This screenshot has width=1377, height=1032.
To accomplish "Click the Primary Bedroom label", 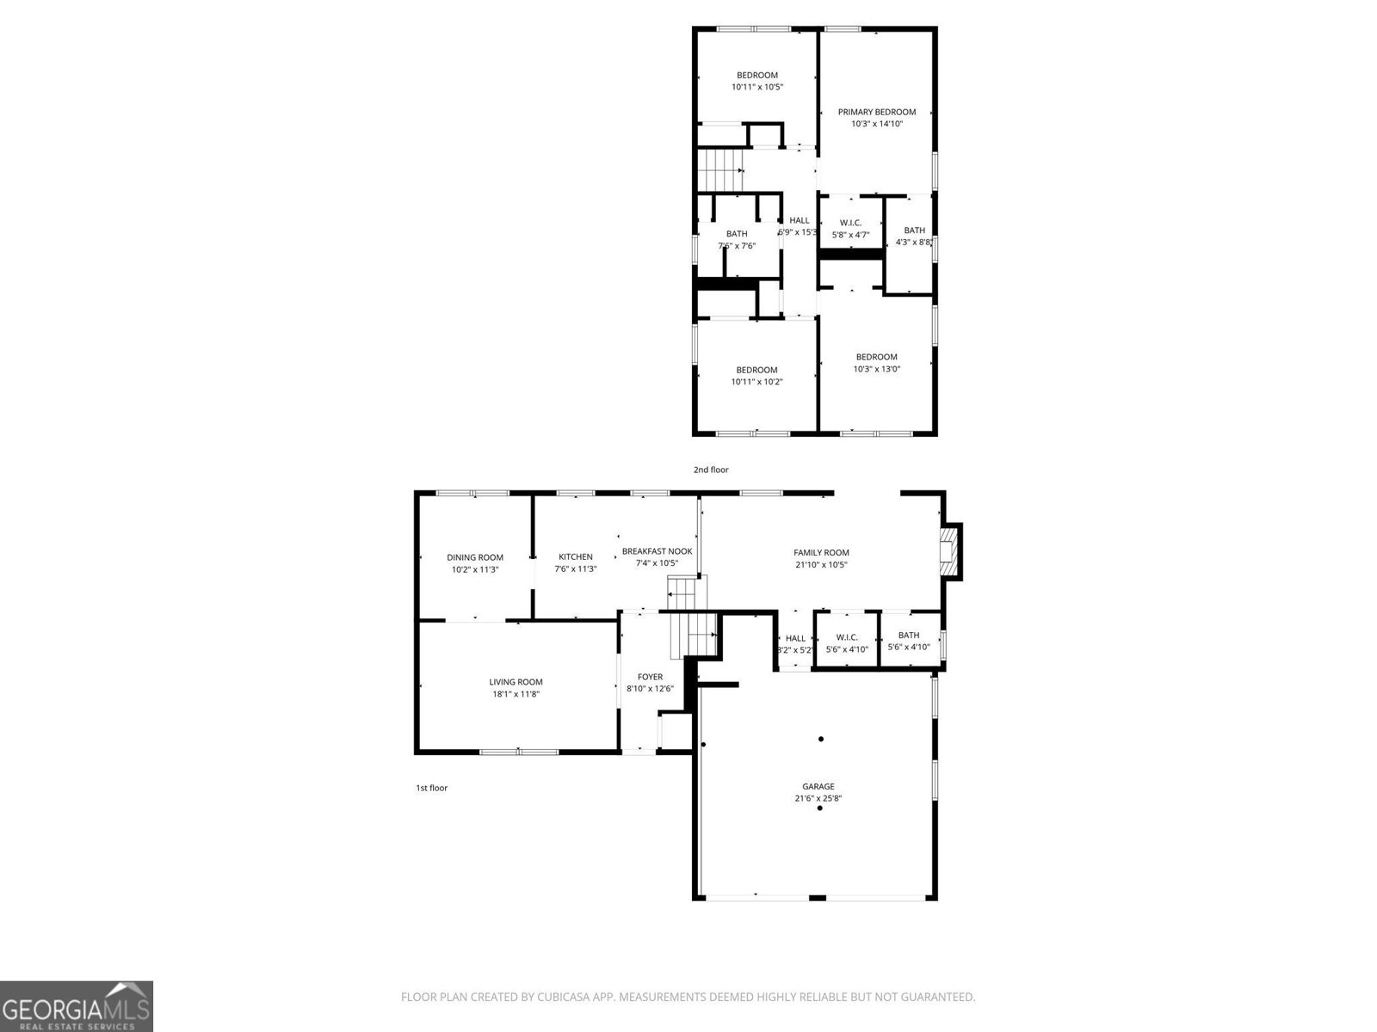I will [876, 112].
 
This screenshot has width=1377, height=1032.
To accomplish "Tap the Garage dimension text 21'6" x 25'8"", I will [818, 798].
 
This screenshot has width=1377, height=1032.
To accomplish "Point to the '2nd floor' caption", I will [711, 470].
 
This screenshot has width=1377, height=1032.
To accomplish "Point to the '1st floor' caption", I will [431, 788].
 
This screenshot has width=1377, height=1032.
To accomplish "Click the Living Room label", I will [516, 682].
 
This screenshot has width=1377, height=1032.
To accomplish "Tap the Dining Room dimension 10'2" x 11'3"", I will [474, 569].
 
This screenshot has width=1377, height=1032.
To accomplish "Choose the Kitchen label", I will [575, 556].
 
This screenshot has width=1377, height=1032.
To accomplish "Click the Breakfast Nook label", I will [657, 551].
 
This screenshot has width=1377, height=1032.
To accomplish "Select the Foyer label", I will [650, 677].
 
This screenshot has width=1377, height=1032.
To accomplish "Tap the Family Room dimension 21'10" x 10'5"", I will [821, 565].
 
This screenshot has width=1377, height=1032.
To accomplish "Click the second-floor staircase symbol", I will [719, 170].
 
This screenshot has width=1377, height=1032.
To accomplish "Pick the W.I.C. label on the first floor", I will [846, 637].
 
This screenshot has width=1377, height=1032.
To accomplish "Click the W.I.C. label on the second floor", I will [850, 223].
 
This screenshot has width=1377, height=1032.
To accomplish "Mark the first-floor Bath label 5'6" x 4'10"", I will [909, 636].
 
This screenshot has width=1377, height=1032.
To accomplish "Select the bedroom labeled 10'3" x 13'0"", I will [876, 357].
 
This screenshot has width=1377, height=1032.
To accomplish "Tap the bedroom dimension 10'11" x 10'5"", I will [757, 87].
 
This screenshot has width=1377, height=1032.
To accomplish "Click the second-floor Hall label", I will [799, 220].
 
